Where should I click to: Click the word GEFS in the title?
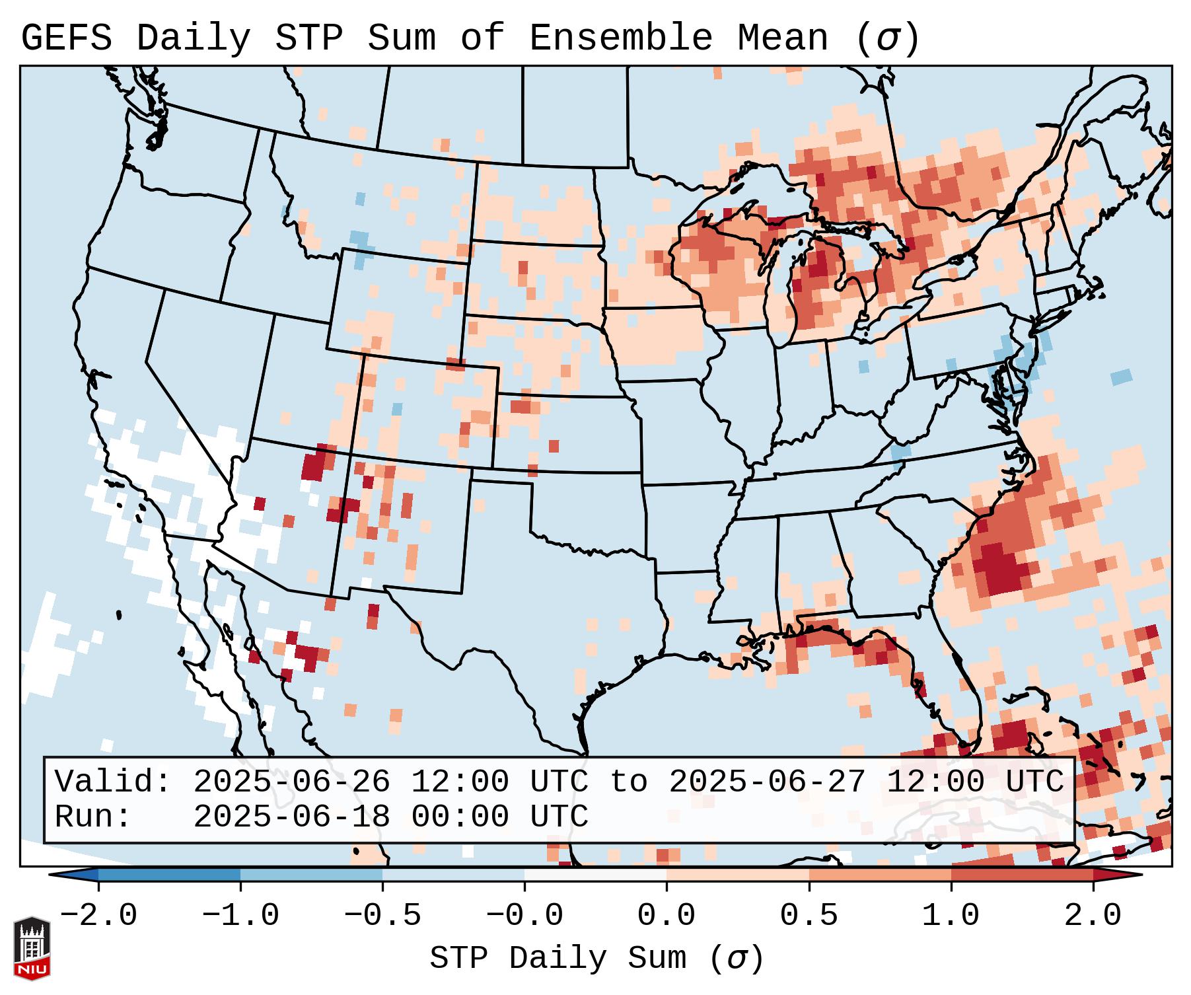tap(66, 38)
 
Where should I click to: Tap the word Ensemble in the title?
tap(620, 38)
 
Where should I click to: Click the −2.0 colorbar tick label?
tap(98, 916)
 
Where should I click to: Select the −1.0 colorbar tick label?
tap(240, 916)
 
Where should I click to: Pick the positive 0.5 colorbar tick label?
tap(809, 916)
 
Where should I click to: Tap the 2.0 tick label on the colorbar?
tap(1093, 916)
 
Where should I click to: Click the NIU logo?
tap(32, 948)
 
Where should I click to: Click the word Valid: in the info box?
tap(112, 782)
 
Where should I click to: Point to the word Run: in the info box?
tap(92, 817)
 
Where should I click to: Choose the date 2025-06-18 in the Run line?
tap(291, 817)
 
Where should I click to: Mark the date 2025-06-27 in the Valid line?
tap(767, 782)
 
